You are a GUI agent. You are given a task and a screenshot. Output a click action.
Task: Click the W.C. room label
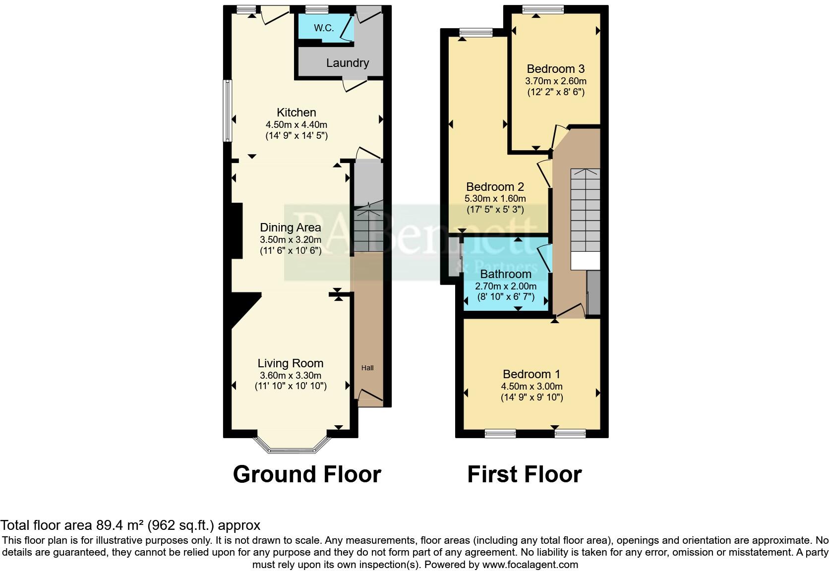click(x=324, y=28)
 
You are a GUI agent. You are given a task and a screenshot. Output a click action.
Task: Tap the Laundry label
click(x=347, y=63)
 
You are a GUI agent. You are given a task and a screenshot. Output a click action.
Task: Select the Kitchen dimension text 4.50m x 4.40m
click(x=296, y=124)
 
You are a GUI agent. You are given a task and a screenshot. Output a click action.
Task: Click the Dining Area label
click(x=291, y=228)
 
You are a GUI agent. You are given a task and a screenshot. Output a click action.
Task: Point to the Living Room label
click(x=291, y=363)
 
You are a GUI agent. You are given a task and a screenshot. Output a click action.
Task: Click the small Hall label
click(x=367, y=368)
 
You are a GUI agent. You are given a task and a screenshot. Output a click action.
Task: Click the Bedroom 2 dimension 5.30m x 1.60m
click(x=495, y=198)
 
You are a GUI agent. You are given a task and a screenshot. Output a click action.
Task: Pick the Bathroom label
click(x=506, y=274)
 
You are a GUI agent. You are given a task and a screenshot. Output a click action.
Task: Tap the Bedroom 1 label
click(x=532, y=374)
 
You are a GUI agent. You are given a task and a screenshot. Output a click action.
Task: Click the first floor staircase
click(x=585, y=211)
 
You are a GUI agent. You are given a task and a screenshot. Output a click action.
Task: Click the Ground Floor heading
click(x=307, y=474)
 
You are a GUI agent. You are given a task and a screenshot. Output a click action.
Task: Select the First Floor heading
click(x=524, y=474)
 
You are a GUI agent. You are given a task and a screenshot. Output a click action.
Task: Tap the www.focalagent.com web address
click(x=530, y=564)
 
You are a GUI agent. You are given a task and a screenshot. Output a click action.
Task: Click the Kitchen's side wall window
click(x=227, y=111)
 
